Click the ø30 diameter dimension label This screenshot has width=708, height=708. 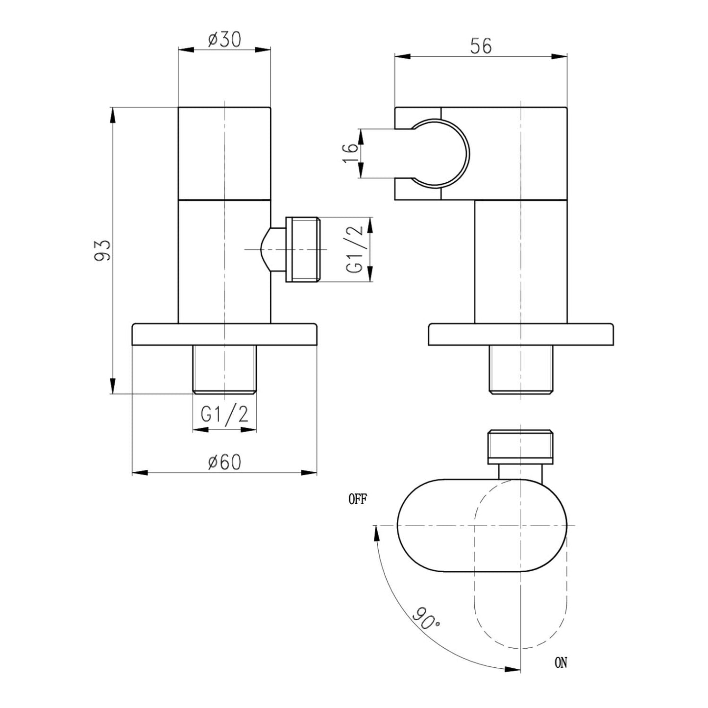point(224,40)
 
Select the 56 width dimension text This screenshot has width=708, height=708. point(481,46)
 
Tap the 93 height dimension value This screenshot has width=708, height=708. point(103,250)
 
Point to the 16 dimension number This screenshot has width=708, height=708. point(351,153)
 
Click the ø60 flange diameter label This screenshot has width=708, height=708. point(224,462)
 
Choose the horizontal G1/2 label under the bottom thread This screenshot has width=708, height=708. point(224,415)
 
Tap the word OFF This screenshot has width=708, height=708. point(357,500)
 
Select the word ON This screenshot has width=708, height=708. point(561,663)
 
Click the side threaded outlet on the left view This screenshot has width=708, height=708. point(302,249)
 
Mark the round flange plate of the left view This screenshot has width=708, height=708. point(224,334)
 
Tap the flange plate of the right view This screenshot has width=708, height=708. point(520,334)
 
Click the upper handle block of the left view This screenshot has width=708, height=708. point(224,153)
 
